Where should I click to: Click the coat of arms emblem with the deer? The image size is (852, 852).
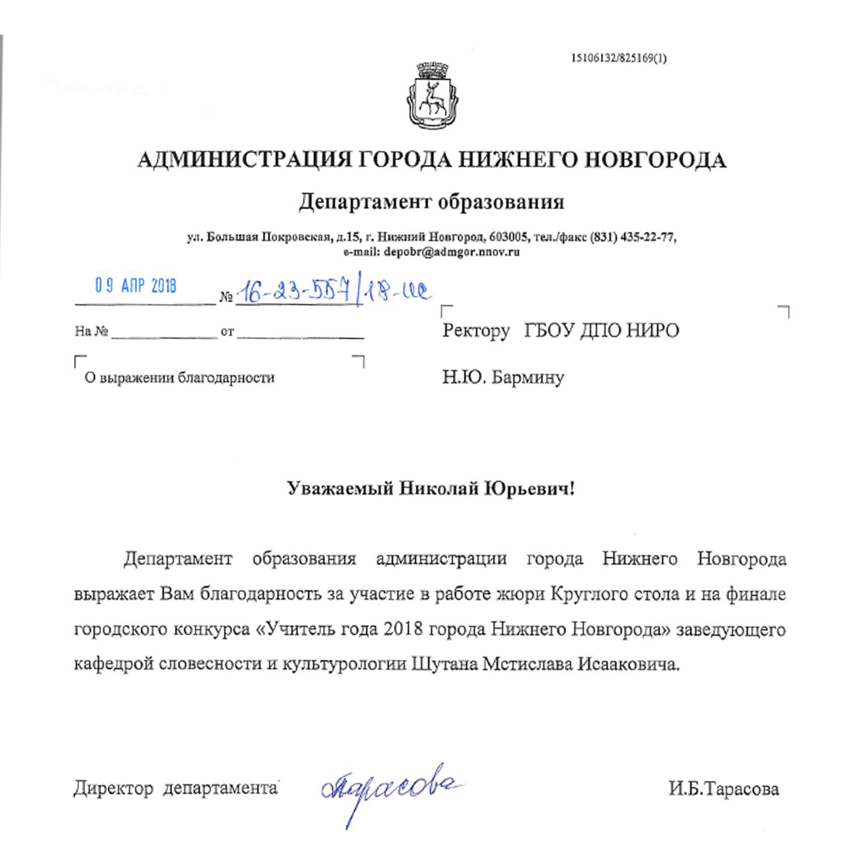432,95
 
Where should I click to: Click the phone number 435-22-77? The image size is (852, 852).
648,239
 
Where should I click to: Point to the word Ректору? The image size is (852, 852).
476,332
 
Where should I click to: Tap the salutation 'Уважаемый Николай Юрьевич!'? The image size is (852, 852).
431,490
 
